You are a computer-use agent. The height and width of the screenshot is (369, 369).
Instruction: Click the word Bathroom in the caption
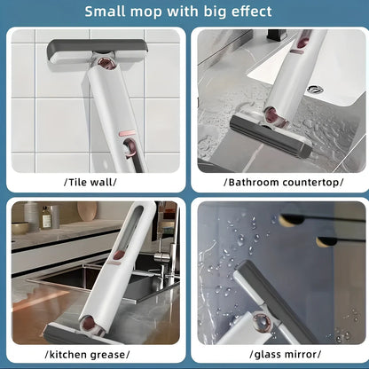tap(255, 182)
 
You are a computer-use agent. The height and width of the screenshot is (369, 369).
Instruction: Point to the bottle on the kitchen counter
tap(32, 216)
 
